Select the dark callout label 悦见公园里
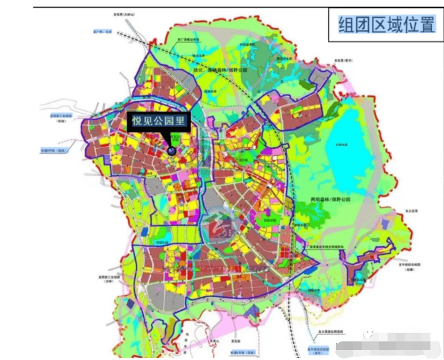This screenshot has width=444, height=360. [x=157, y=122]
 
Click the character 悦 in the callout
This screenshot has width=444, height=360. [x=137, y=122]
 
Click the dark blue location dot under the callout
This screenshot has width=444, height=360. [x=172, y=150]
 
